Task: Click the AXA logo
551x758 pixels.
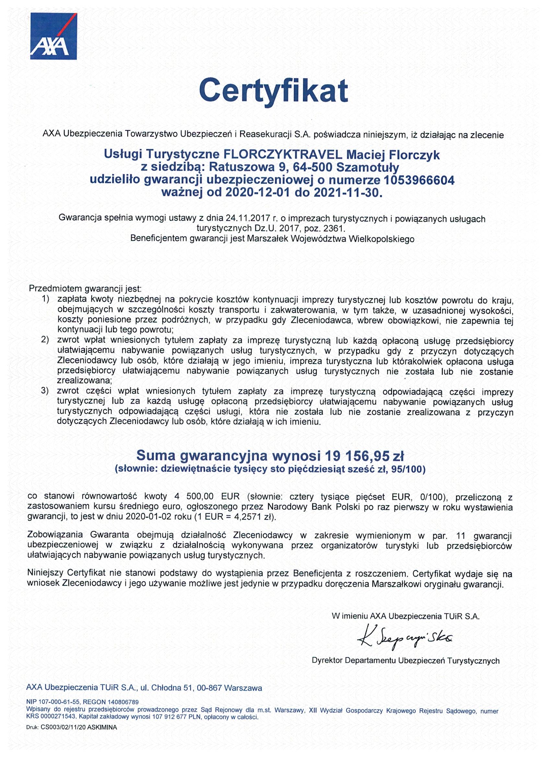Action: (x=53, y=36)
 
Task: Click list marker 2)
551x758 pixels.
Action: (x=45, y=340)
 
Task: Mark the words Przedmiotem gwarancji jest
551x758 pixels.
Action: (x=86, y=288)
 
